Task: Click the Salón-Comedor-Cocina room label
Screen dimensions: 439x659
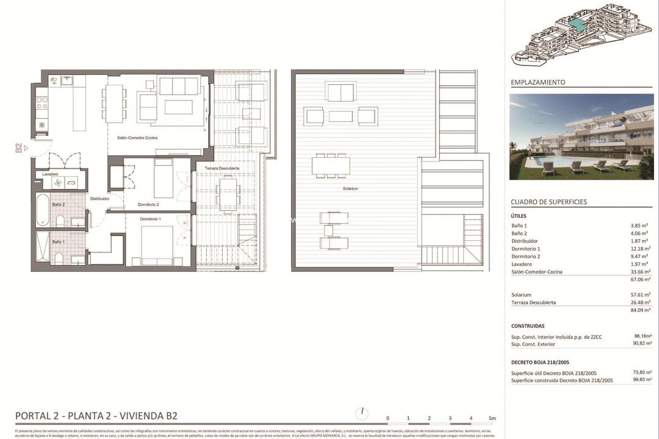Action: [x=137, y=138]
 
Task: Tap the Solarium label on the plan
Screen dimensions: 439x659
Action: [x=350, y=189]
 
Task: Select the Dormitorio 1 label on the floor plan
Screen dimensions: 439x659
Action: [x=151, y=219]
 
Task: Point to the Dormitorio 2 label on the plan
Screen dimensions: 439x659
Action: [x=148, y=204]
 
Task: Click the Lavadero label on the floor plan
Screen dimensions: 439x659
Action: [x=51, y=174]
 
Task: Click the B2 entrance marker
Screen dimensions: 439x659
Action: [x=19, y=148]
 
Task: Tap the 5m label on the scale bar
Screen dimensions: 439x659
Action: [x=492, y=418]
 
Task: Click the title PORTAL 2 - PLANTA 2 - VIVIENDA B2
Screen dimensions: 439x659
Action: [x=96, y=416]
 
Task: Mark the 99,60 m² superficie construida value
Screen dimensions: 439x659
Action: [x=641, y=380]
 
